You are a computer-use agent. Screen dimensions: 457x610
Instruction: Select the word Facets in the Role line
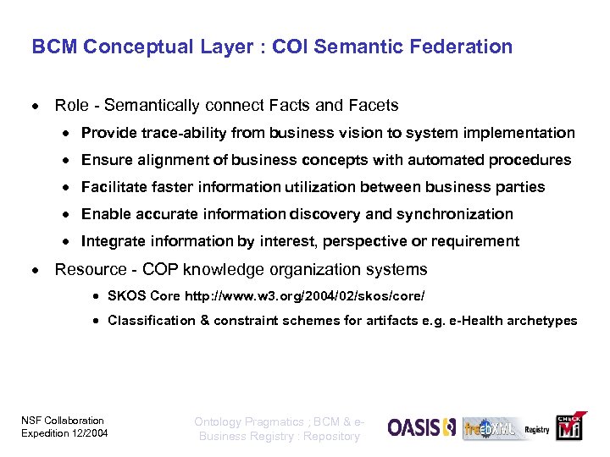tap(371, 106)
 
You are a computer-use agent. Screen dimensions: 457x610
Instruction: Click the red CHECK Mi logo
tap(569, 428)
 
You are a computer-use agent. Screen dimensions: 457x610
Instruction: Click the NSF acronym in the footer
tap(30, 421)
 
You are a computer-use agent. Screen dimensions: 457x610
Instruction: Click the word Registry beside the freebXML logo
tap(536, 430)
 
